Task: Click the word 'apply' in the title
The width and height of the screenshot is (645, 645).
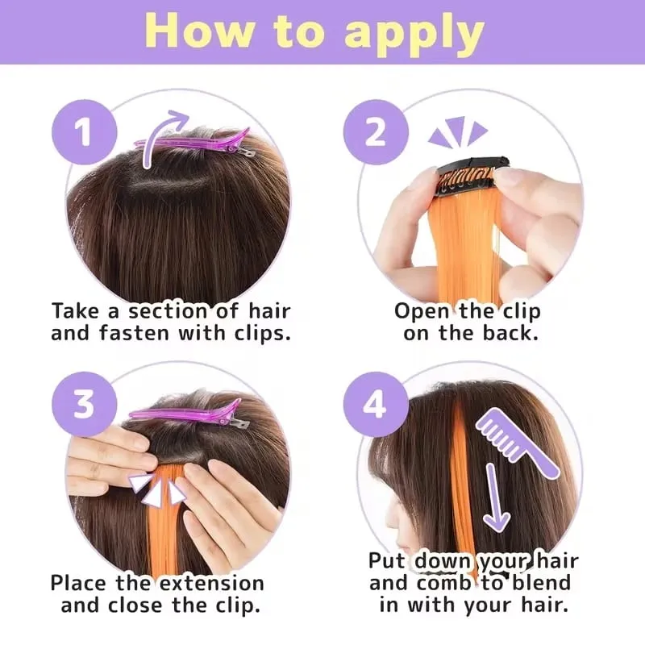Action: click(414, 33)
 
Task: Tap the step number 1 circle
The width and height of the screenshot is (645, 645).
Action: click(85, 132)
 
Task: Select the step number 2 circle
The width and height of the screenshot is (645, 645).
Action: click(376, 132)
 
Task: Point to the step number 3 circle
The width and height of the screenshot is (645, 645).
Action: click(85, 405)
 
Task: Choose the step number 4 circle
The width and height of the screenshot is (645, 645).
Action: click(376, 405)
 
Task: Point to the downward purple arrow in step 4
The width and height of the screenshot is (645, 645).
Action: click(496, 497)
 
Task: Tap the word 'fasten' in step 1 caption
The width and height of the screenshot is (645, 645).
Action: click(134, 332)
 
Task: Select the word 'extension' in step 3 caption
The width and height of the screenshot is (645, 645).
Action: click(212, 583)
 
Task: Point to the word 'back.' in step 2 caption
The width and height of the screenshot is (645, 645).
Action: click(510, 332)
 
